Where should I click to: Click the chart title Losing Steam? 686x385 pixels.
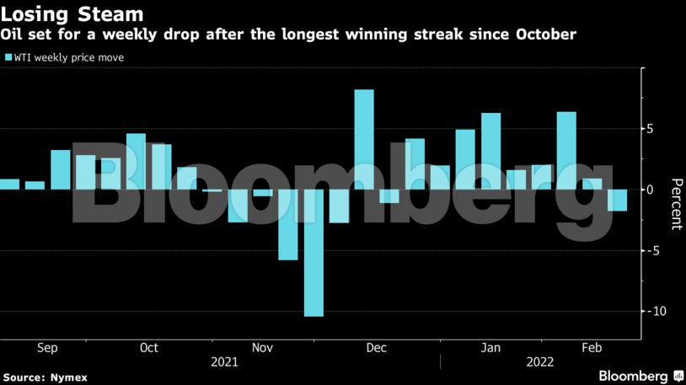(x=72, y=14)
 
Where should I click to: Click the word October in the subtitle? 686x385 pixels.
(x=547, y=35)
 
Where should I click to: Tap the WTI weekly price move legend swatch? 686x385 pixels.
(x=8, y=58)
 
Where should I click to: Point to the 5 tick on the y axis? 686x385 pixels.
(x=651, y=129)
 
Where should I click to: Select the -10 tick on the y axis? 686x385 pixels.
(x=652, y=312)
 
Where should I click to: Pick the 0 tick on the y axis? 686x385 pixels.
(x=651, y=190)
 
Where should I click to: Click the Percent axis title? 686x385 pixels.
(x=675, y=204)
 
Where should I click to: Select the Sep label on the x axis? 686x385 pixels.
(x=48, y=348)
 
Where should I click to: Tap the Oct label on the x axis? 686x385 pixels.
(x=149, y=348)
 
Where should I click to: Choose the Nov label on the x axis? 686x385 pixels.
(x=262, y=348)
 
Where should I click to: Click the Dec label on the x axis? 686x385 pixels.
(x=377, y=348)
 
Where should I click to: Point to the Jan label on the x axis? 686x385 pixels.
(x=490, y=348)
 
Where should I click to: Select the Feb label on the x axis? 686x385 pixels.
(x=591, y=348)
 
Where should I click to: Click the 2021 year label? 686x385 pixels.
(x=225, y=362)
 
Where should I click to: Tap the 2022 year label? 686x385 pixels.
(x=540, y=362)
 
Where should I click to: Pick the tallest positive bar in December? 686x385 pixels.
(x=364, y=139)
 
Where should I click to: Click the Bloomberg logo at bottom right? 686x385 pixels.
(x=640, y=376)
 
